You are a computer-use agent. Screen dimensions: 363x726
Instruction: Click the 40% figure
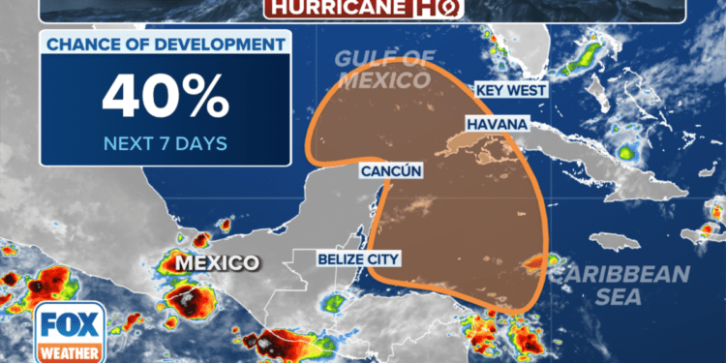coord(166,96)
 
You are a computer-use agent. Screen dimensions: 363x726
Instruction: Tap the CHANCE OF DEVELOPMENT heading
coord(166,44)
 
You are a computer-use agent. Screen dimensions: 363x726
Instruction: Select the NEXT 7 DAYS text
coord(166,143)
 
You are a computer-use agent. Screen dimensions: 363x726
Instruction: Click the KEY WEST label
coord(511,90)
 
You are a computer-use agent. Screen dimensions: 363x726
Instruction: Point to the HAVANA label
coord(497,125)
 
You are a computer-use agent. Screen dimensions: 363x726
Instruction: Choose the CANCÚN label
coord(392,171)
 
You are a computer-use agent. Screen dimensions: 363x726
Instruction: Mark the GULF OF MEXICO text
coord(384,69)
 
